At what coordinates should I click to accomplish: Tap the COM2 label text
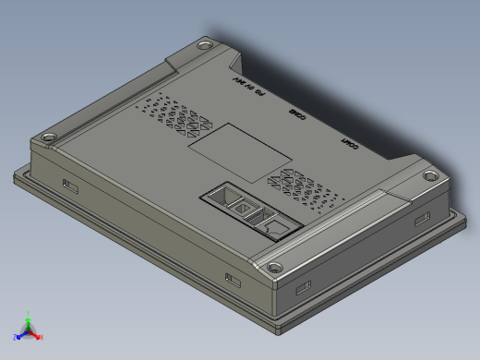[x=297, y=114]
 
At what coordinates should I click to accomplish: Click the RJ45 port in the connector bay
[x=274, y=224]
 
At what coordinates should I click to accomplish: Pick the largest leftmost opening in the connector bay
[x=222, y=195]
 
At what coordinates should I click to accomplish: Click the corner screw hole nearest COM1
[x=430, y=174]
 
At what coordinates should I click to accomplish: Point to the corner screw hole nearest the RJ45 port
[x=276, y=268]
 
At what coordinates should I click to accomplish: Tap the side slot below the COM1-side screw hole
[x=423, y=218]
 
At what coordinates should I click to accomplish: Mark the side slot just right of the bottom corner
[x=303, y=287]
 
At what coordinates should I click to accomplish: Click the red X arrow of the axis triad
[x=39, y=336]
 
